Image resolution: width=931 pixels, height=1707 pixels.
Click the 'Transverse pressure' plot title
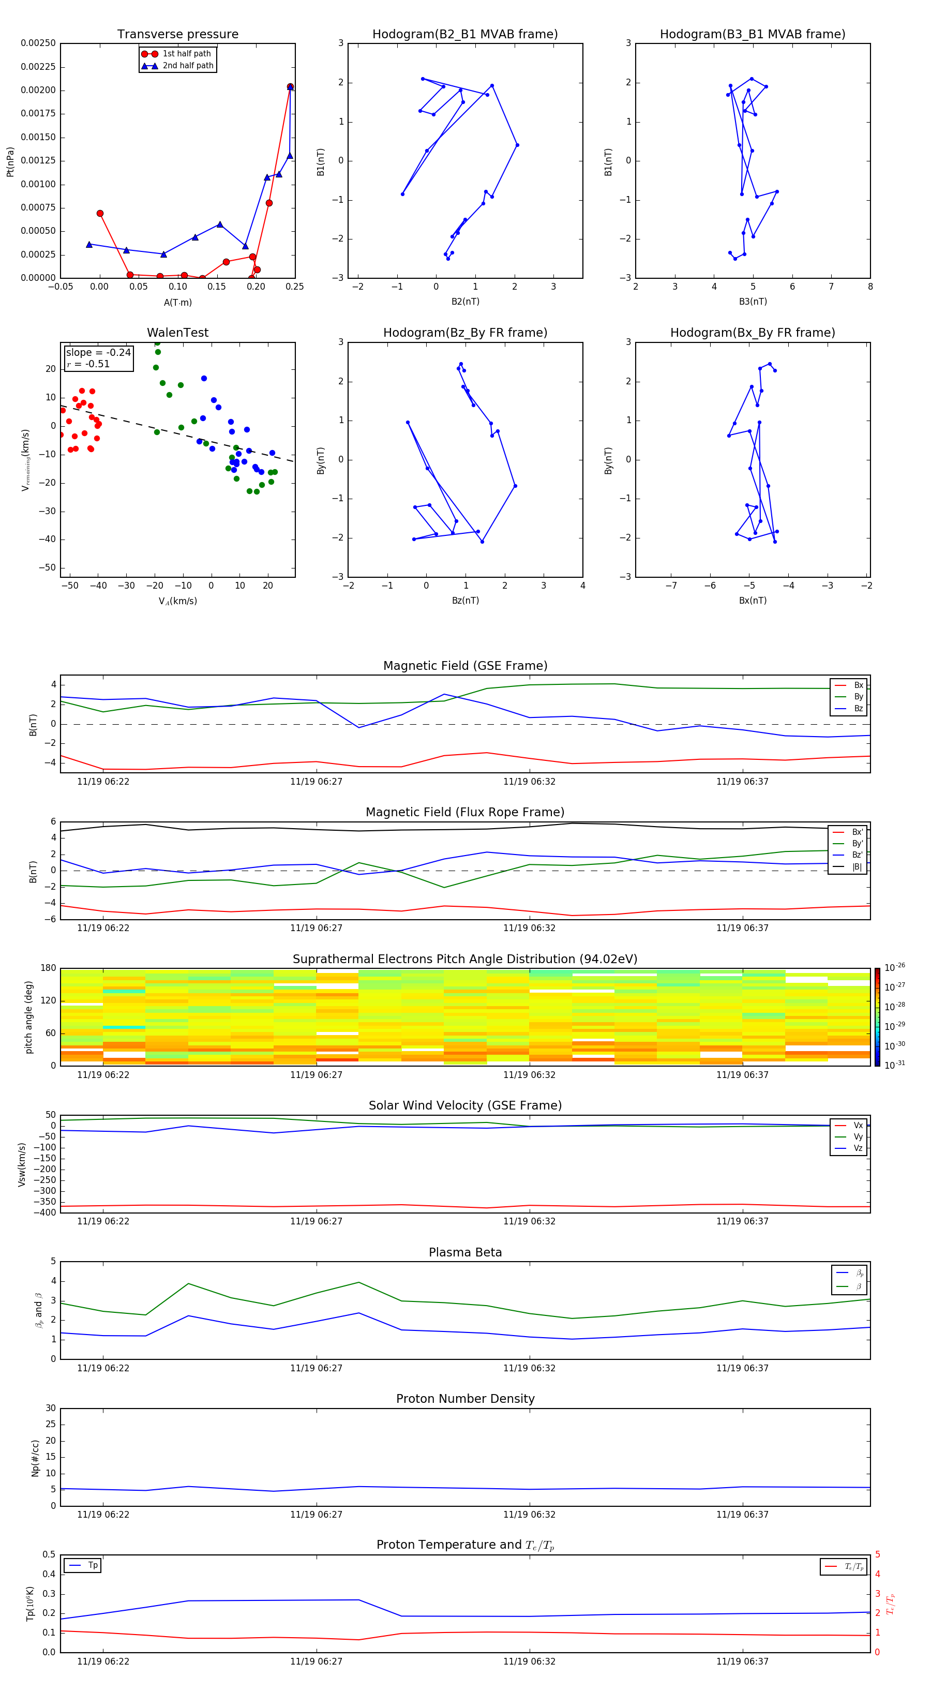coord(177,35)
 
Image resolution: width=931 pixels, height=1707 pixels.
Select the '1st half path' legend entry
coord(186,54)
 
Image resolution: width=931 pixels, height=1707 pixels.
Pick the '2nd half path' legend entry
coord(188,66)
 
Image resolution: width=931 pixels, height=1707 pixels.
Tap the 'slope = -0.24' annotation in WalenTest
coord(98,353)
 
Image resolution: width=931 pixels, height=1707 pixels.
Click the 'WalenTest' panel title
coord(177,333)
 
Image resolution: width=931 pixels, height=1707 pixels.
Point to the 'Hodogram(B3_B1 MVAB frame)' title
coord(752,35)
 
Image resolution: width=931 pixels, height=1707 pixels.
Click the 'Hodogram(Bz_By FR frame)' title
coord(465,333)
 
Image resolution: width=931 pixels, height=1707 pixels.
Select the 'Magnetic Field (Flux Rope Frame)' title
coord(465,813)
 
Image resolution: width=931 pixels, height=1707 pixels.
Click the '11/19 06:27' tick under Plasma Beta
coord(316,1368)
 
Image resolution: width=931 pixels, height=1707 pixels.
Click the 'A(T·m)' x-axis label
coord(177,303)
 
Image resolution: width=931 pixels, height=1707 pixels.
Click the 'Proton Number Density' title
coord(465,1399)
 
